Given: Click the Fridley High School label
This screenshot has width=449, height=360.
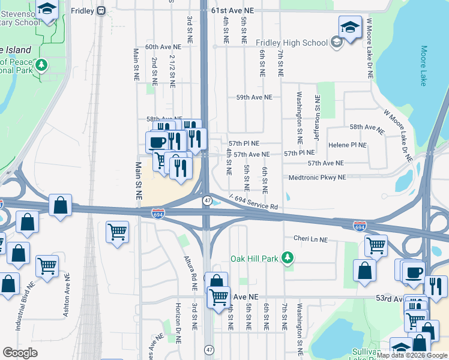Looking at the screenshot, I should (x=292, y=43).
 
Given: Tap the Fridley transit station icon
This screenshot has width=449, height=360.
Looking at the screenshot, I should (x=101, y=10).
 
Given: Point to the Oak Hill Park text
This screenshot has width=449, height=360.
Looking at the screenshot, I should (x=255, y=259).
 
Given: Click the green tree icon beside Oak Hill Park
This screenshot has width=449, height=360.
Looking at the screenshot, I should (x=289, y=259).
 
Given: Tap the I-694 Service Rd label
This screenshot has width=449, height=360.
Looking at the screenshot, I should (x=253, y=202).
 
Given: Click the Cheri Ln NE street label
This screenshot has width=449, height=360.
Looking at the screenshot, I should (x=310, y=239).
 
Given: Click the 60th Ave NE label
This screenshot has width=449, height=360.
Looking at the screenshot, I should (x=163, y=47).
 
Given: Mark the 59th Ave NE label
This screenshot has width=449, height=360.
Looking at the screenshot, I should (x=254, y=97).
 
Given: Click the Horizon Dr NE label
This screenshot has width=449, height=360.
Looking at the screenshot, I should (x=178, y=326).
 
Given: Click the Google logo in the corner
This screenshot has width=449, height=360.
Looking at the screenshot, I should (x=20, y=353).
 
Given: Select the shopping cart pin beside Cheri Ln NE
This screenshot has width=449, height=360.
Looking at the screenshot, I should (x=376, y=244).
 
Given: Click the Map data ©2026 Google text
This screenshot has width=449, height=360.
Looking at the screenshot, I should (x=412, y=355).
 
